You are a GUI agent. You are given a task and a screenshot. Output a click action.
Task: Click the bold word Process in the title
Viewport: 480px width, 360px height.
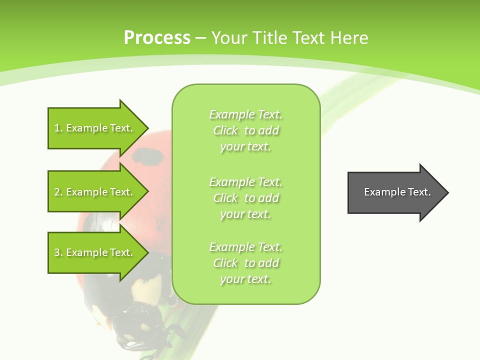pyautogui.click(x=157, y=37)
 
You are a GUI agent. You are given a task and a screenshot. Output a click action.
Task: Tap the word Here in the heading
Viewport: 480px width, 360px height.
pyautogui.click(x=348, y=37)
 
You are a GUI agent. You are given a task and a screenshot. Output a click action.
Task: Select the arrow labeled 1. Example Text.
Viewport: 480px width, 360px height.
pyautogui.click(x=95, y=128)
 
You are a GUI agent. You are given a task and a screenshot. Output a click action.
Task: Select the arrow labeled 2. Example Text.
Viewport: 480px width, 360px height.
pyautogui.click(x=95, y=192)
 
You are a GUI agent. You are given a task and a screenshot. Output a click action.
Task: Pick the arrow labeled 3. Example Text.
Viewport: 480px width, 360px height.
pyautogui.click(x=95, y=252)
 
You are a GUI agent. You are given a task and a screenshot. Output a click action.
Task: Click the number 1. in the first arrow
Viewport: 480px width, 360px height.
pyautogui.click(x=58, y=128)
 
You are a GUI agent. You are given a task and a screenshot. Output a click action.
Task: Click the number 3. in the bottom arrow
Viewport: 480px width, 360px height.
pyautogui.click(x=58, y=253)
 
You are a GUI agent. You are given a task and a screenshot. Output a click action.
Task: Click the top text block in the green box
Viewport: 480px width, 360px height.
pyautogui.click(x=246, y=130)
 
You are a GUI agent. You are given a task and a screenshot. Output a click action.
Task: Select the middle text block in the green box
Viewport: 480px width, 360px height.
pyautogui.click(x=246, y=198)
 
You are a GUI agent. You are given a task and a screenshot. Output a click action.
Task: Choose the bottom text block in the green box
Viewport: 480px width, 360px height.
pyautogui.click(x=246, y=263)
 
